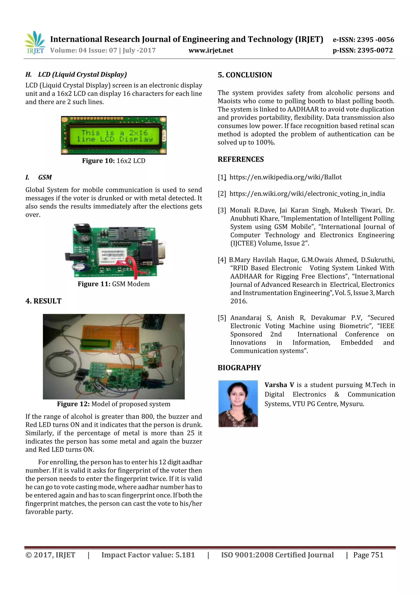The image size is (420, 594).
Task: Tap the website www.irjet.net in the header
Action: [211, 50]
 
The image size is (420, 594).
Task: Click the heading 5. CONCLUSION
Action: [245, 75]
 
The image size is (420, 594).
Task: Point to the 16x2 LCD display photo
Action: [114, 135]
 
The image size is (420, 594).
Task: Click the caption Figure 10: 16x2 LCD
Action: [114, 161]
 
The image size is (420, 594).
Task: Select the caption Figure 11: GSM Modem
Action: [114, 284]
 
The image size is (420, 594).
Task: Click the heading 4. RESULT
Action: [43, 301]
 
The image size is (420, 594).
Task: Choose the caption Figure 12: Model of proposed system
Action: [114, 404]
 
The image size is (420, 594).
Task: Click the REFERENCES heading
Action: [241, 159]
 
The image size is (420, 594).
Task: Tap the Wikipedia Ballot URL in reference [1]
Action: [285, 177]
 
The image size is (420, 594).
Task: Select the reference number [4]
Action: [222, 260]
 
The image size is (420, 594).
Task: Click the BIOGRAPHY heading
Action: [239, 368]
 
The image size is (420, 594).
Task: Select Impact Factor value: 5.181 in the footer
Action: [148, 555]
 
